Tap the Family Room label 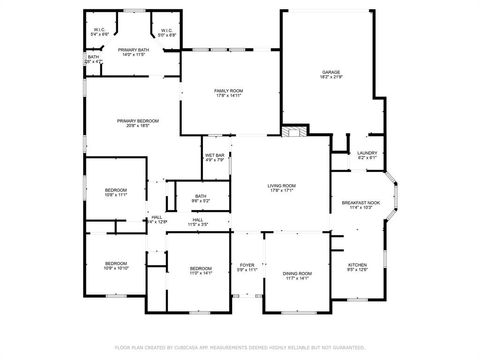pos(228,93)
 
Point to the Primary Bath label pos(133,52)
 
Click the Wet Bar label pos(215,157)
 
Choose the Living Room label pos(281,188)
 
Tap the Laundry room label pos(367,155)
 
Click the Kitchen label pos(357,267)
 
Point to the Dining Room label pos(298,275)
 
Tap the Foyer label pos(247,267)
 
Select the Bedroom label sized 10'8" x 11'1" pos(116,192)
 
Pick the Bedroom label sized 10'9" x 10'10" pos(116,267)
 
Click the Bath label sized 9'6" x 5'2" pos(201,198)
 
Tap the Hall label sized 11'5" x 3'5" pos(199,222)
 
